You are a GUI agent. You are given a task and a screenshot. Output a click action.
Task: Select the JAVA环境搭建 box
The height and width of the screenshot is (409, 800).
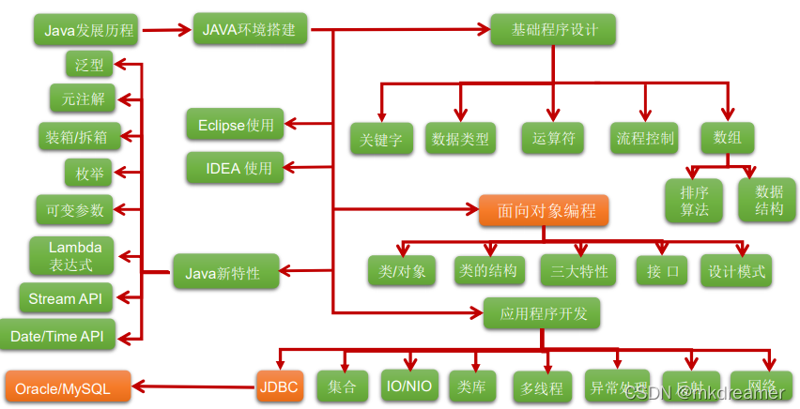click(x=249, y=29)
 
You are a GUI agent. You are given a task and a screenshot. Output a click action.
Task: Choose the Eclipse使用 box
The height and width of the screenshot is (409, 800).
click(x=235, y=125)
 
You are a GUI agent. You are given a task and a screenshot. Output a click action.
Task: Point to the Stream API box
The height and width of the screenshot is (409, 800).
click(x=65, y=299)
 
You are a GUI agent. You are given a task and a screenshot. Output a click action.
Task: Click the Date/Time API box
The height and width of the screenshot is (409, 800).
click(x=57, y=336)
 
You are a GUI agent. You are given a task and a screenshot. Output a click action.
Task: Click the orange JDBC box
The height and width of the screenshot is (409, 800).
click(x=279, y=385)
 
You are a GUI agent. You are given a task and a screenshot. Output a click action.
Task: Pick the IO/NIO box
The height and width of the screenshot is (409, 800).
click(x=409, y=385)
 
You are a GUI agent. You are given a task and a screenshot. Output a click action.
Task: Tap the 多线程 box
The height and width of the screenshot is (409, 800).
click(x=542, y=387)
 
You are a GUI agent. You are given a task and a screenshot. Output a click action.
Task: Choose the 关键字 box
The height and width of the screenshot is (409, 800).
click(x=381, y=141)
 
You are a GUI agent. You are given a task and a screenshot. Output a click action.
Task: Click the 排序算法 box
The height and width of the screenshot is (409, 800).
click(x=695, y=200)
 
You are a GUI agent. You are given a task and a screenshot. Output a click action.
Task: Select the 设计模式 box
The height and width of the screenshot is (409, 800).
click(x=737, y=272)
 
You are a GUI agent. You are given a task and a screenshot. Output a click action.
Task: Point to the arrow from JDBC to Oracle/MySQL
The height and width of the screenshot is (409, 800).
click(x=192, y=385)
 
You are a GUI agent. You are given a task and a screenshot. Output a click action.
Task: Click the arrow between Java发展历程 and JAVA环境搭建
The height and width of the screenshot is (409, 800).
click(x=165, y=30)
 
